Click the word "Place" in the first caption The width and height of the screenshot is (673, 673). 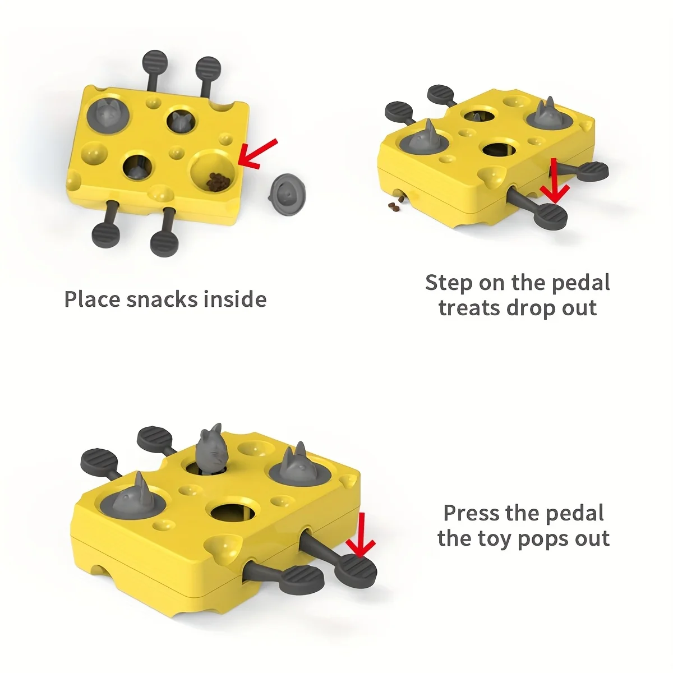coord(93,299)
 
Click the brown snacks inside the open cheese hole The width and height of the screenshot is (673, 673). coord(216,181)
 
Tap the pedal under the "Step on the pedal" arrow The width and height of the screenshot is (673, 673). coord(550,215)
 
